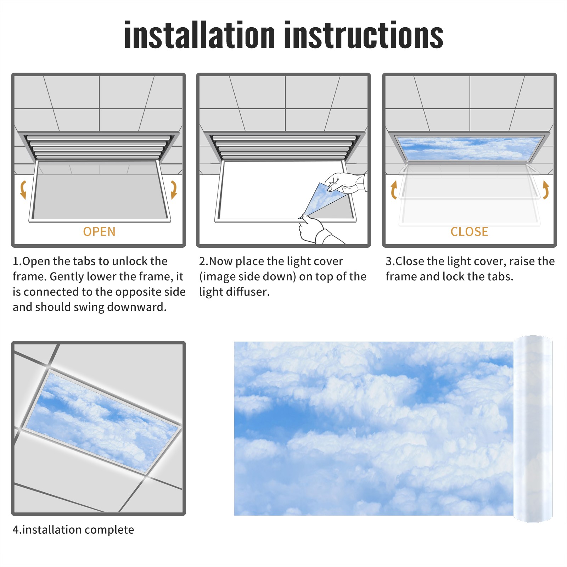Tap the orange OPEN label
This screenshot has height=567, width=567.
tap(99, 232)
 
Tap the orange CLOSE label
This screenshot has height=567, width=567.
tap(469, 232)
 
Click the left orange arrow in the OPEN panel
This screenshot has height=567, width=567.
tap(23, 190)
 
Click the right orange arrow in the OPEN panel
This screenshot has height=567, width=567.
tap(174, 190)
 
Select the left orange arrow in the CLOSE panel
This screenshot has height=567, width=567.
tap(394, 190)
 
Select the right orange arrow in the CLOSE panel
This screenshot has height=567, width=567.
tap(546, 190)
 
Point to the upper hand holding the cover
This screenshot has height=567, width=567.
tap(346, 183)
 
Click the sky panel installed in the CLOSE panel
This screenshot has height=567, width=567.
tap(469, 148)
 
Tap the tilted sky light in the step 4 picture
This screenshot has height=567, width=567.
tap(103, 422)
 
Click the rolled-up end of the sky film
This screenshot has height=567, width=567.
tap(533, 429)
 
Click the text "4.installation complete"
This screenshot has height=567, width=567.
tap(73, 530)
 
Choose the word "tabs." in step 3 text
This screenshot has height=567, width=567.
tap(500, 276)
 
